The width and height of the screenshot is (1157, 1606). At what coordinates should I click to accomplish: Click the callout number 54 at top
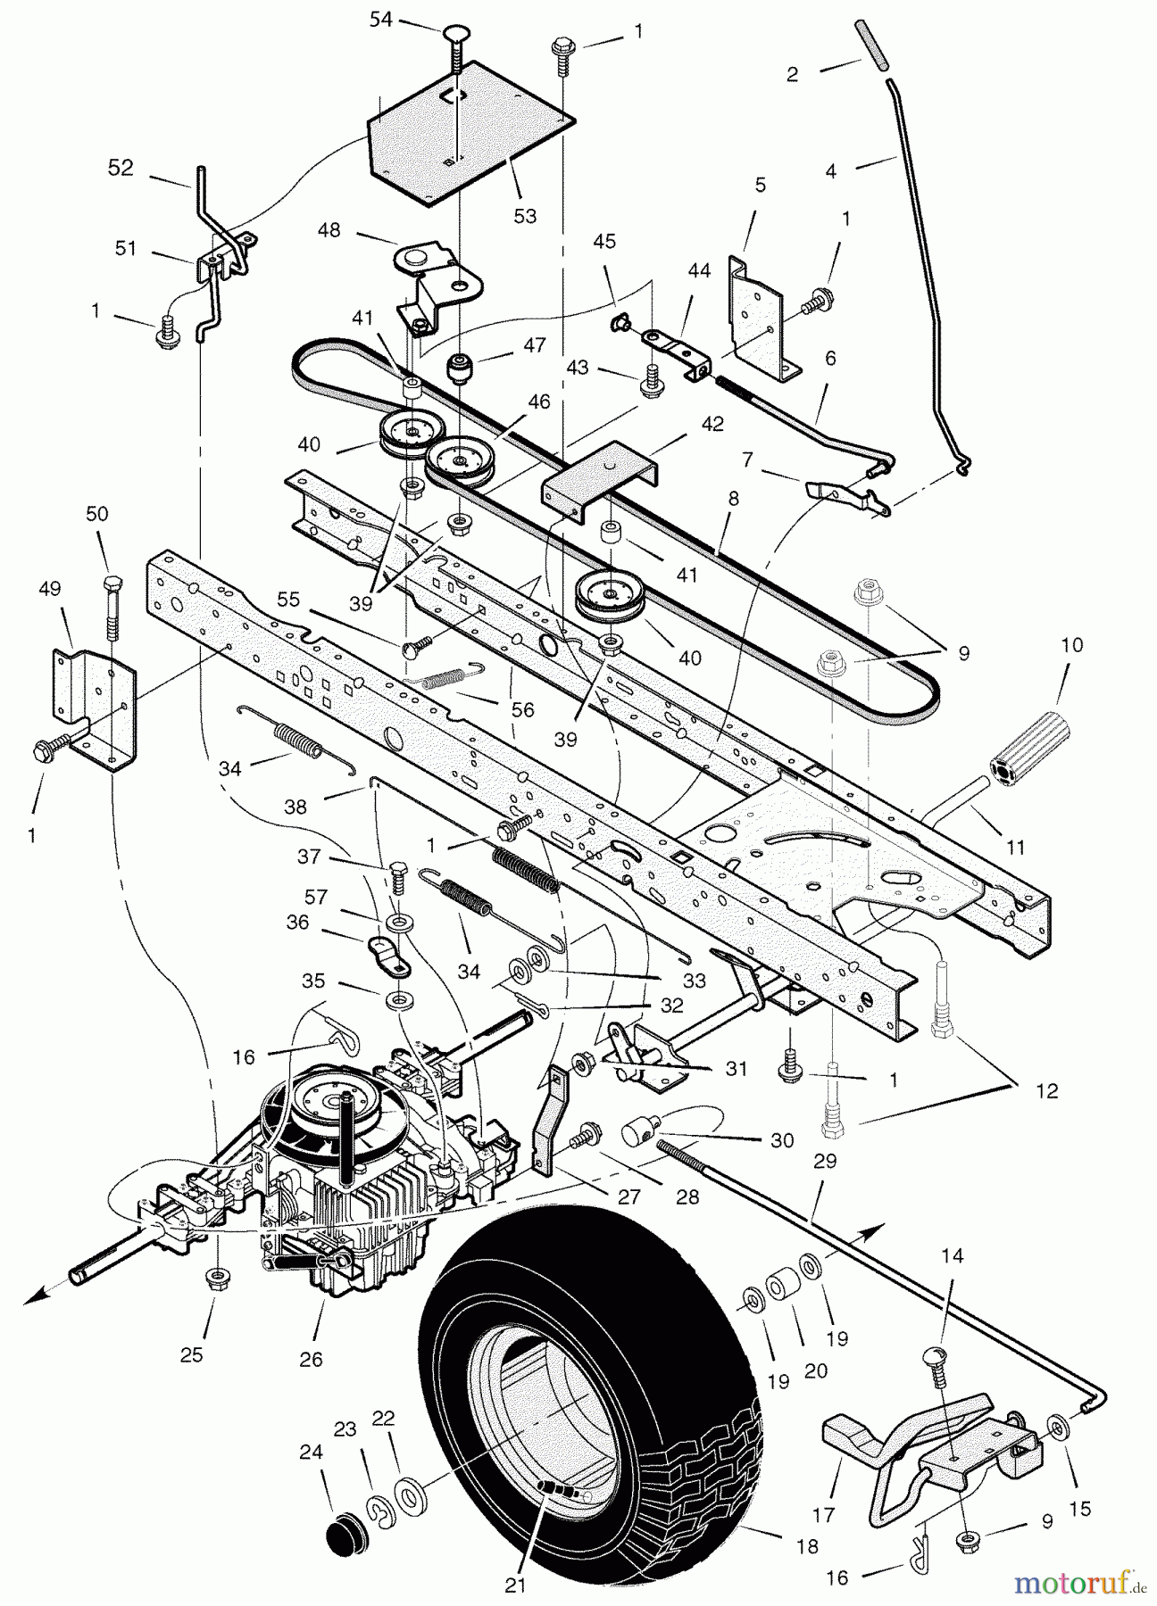pyautogui.click(x=381, y=20)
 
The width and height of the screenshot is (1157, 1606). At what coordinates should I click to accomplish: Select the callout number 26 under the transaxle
pyautogui.click(x=312, y=1359)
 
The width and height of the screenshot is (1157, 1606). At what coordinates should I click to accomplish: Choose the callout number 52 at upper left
pyautogui.click(x=121, y=168)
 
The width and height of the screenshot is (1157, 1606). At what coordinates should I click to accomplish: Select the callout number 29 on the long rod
pyautogui.click(x=826, y=1161)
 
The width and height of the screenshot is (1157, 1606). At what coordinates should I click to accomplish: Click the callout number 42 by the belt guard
pyautogui.click(x=712, y=425)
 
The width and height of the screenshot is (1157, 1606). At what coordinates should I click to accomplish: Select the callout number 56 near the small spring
pyautogui.click(x=523, y=709)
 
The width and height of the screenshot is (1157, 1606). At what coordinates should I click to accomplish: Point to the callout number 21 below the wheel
pyautogui.click(x=515, y=1585)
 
